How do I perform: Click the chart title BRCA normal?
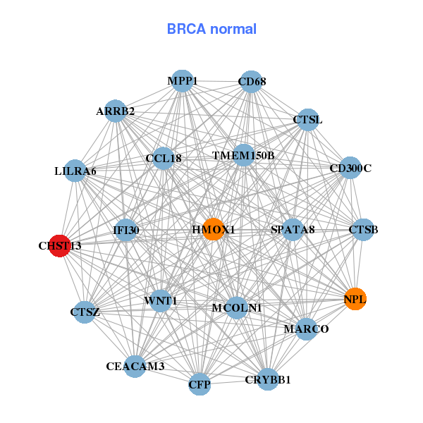[x=211, y=29]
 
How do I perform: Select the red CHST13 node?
[x=60, y=245]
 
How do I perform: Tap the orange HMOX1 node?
[x=214, y=229]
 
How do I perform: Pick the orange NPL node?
[x=355, y=299]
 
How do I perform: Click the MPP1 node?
[x=183, y=81]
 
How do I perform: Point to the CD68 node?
[x=252, y=82]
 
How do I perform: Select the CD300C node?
[x=350, y=168]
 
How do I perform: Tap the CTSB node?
[x=363, y=229]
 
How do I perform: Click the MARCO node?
[x=306, y=329]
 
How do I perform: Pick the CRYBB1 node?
[x=268, y=379]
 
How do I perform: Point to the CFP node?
[x=200, y=384]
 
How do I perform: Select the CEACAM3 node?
[x=135, y=366]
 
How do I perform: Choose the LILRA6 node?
[x=75, y=171]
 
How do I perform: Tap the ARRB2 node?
[x=116, y=111]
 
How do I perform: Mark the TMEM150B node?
[x=243, y=154]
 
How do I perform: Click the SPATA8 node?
[x=293, y=229]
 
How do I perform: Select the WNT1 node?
[x=161, y=301]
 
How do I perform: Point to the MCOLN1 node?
[x=237, y=307]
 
